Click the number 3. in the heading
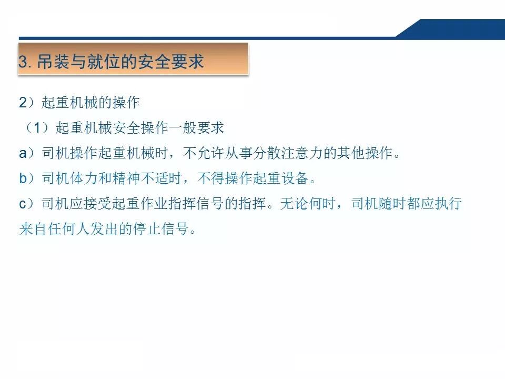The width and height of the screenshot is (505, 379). click(25, 62)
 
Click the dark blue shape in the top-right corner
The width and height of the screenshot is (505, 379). click(458, 28)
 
